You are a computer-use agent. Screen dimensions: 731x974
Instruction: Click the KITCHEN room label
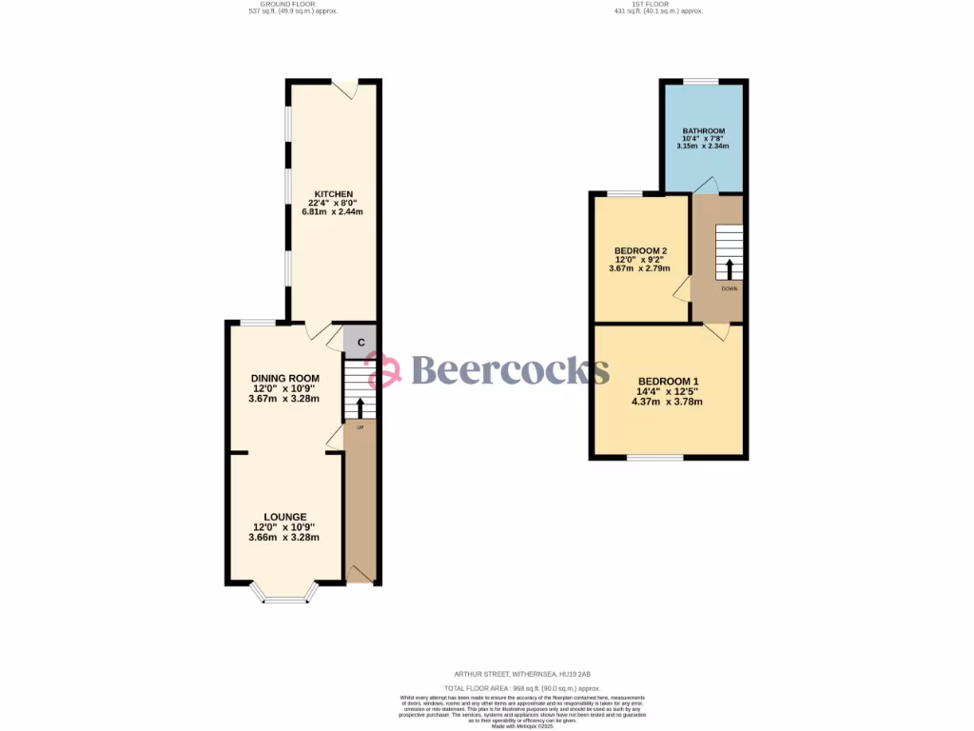pos(333,194)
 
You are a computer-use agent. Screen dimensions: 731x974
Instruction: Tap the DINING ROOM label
pos(284,378)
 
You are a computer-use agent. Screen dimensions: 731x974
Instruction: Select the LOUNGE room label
pos(284,517)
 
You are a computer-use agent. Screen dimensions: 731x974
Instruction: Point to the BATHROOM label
pos(704,131)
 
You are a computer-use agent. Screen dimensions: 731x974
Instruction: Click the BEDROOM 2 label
pos(633,251)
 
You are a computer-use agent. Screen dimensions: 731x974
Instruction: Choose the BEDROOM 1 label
pos(669,377)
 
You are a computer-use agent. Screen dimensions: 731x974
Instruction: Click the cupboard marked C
pos(360,341)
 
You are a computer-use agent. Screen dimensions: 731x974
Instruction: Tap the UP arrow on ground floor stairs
pos(360,407)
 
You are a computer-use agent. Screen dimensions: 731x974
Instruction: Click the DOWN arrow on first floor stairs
pos(730,268)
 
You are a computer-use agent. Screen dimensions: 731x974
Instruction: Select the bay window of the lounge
pos(284,596)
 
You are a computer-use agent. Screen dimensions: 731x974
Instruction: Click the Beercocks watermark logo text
pos(510,369)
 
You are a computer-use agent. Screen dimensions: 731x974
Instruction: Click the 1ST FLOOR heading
pos(656,5)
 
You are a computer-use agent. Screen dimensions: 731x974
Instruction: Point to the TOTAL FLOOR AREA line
pos(523,687)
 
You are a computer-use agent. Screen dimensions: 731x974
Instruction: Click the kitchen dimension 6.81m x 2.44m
pos(333,211)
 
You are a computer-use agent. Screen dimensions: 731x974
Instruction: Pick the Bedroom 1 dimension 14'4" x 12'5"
pos(669,389)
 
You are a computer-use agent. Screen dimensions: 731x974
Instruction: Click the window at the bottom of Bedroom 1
pos(654,458)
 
